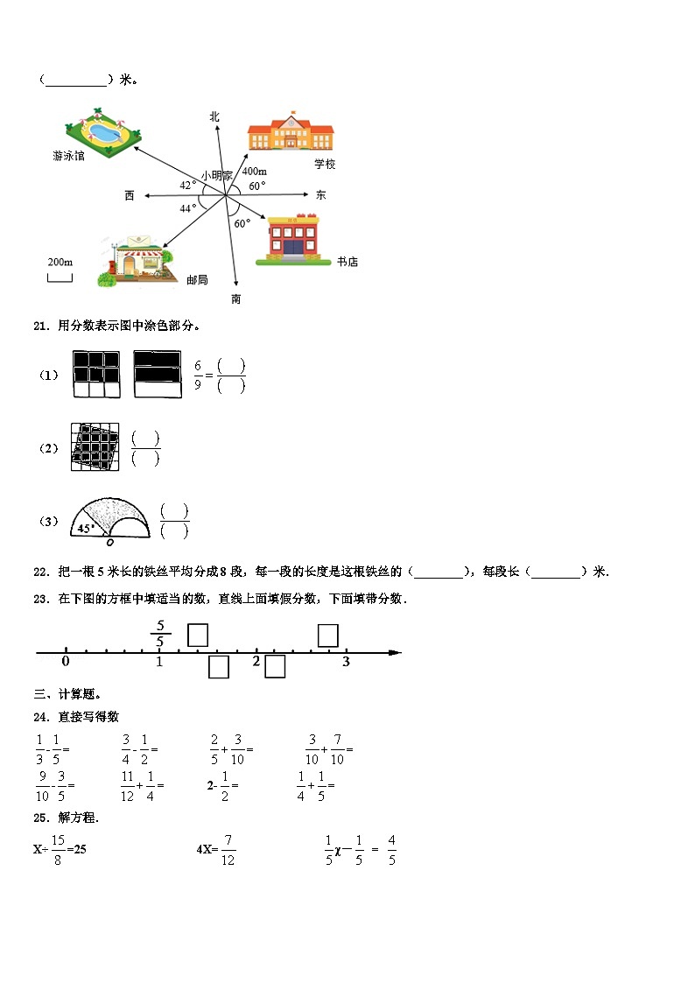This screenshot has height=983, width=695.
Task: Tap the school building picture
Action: (x=291, y=135)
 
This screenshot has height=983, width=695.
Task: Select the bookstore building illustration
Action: (x=292, y=238)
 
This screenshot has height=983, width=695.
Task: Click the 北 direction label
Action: (x=214, y=116)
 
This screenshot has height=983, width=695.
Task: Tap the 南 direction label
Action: (x=235, y=299)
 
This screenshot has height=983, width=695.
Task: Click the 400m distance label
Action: (x=255, y=172)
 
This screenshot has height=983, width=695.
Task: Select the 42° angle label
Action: (x=188, y=185)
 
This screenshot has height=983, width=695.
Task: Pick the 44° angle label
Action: (x=188, y=208)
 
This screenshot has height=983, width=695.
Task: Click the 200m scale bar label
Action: (x=60, y=262)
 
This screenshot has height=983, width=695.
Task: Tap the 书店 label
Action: (x=347, y=262)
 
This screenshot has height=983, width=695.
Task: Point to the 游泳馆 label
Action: (x=68, y=157)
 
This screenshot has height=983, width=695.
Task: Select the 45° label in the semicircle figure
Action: (x=85, y=529)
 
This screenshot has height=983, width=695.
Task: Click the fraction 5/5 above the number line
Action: (x=159, y=634)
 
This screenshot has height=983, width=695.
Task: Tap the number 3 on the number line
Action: (x=346, y=663)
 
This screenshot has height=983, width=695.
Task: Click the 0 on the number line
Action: (x=66, y=662)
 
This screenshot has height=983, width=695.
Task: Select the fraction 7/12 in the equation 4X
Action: (x=228, y=848)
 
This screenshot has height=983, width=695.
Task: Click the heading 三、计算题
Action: (x=61, y=694)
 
